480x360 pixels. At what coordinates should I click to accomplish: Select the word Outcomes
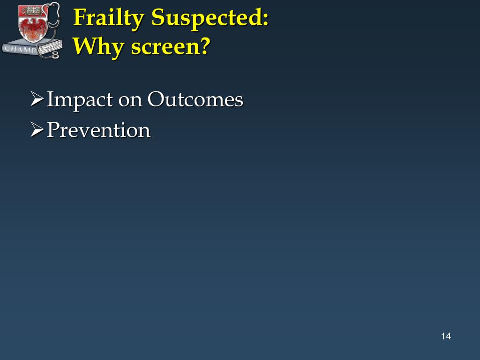(x=195, y=100)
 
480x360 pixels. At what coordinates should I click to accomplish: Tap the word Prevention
(x=98, y=130)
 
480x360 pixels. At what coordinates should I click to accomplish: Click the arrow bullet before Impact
(x=37, y=100)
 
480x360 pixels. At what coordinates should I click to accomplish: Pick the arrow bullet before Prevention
(x=37, y=130)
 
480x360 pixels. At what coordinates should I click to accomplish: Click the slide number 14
(x=445, y=336)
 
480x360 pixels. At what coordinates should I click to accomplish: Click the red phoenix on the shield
(x=32, y=29)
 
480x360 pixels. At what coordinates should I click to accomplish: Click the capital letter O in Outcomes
(x=155, y=100)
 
